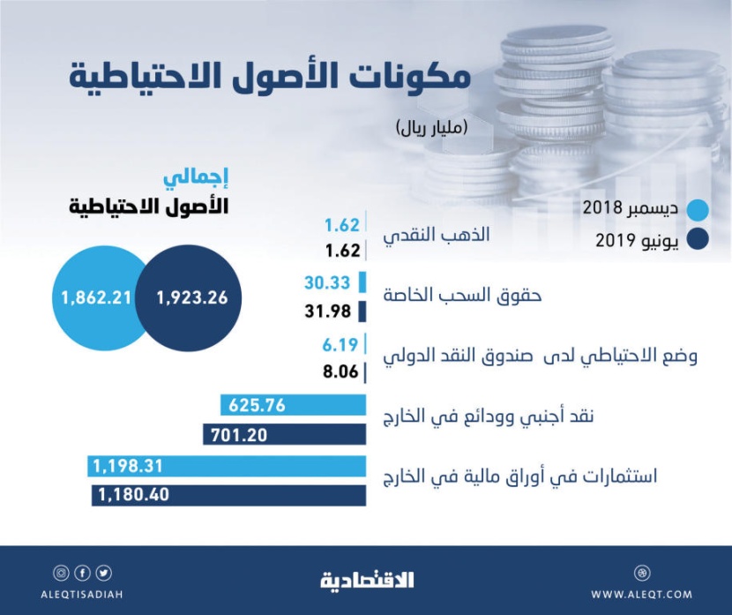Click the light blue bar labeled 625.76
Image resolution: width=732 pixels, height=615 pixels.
tap(293, 406)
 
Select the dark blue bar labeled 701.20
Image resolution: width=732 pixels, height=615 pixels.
tap(284, 434)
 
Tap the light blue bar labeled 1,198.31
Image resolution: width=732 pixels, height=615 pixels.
tap(227, 466)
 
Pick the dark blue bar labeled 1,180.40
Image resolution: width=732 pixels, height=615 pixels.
tap(228, 495)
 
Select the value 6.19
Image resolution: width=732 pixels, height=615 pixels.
tap(340, 343)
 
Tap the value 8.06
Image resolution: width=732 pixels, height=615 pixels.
tap(340, 371)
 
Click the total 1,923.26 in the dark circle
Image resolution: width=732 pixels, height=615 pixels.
tap(192, 298)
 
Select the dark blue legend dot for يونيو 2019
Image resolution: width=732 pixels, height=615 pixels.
tap(698, 240)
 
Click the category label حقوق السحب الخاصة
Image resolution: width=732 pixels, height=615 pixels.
tap(462, 296)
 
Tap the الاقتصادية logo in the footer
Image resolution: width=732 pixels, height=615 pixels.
tap(366, 580)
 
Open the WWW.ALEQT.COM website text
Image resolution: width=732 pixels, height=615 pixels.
tap(642, 594)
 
